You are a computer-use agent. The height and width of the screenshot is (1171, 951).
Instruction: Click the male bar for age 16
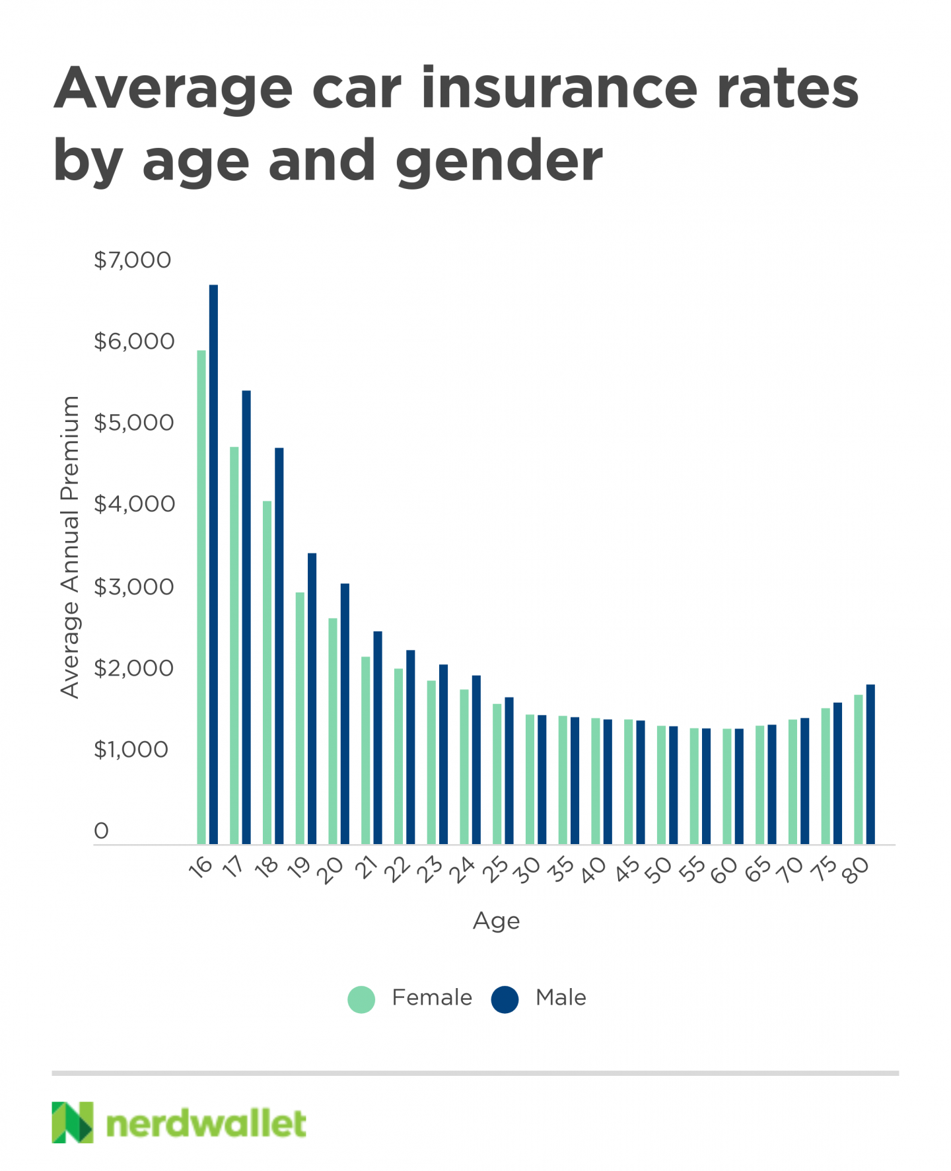pyautogui.click(x=213, y=564)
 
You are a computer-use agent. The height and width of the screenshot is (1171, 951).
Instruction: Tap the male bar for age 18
pyautogui.click(x=279, y=645)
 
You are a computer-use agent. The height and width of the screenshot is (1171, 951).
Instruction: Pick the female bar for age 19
pyautogui.click(x=300, y=718)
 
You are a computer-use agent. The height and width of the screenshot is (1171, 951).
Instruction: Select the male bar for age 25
pyautogui.click(x=509, y=770)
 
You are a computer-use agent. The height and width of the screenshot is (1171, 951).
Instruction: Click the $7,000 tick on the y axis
pyautogui.click(x=132, y=260)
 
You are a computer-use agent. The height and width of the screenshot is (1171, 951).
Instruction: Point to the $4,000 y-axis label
pyautogui.click(x=134, y=505)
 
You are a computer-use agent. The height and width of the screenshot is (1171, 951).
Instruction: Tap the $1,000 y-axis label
pyautogui.click(x=131, y=750)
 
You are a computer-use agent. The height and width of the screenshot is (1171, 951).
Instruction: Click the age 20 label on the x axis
pyautogui.click(x=330, y=870)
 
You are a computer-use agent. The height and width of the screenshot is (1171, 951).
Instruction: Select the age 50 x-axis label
pyautogui.click(x=658, y=870)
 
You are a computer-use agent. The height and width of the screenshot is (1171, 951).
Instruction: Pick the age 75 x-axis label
pyautogui.click(x=824, y=870)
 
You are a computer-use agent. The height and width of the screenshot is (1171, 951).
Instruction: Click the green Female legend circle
pyautogui.click(x=361, y=999)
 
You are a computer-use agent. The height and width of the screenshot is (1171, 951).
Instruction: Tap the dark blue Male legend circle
pyautogui.click(x=505, y=999)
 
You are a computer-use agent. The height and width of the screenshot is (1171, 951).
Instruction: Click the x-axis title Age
pyautogui.click(x=496, y=921)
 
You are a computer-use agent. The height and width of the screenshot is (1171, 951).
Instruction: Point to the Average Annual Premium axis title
pyautogui.click(x=69, y=547)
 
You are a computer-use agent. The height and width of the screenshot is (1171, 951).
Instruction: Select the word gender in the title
pyautogui.click(x=499, y=160)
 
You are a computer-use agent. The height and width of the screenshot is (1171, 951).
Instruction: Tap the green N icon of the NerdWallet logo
pyautogui.click(x=73, y=1122)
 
